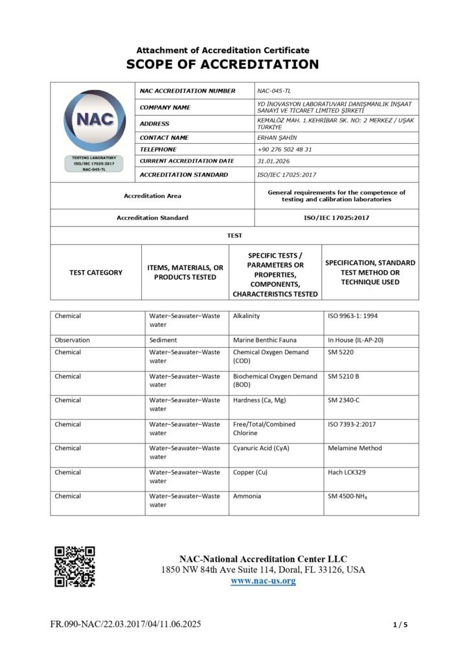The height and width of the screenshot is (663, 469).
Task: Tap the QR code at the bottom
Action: (74, 566)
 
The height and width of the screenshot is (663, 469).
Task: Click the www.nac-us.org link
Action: (263, 581)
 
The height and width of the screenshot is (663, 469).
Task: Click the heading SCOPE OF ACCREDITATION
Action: (222, 64)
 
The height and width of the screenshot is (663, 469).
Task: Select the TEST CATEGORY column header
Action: (95, 273)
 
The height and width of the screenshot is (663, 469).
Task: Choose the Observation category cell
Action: (73, 340)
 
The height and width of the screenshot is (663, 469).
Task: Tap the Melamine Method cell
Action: (355, 448)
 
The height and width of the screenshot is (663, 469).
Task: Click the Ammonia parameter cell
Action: (247, 496)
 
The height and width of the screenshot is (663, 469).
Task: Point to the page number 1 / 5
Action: (400, 625)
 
